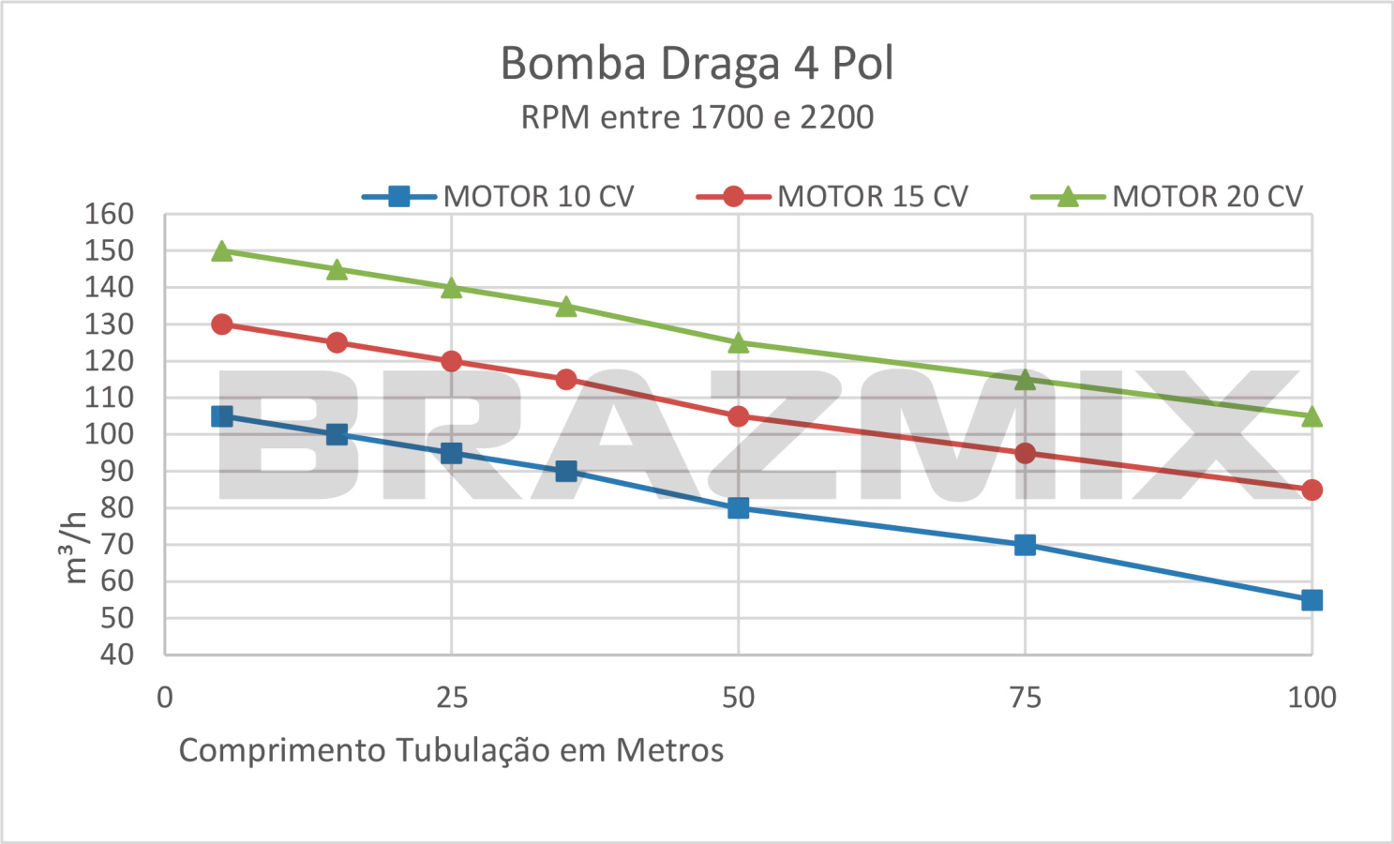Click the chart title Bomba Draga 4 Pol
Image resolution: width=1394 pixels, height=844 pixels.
pos(697,64)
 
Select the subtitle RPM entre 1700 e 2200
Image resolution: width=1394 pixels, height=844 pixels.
pos(697,117)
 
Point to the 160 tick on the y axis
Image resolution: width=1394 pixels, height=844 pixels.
pos(109,214)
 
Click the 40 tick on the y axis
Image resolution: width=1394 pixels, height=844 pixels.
pos(116,655)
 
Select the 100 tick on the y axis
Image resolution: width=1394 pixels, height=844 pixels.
pos(109,434)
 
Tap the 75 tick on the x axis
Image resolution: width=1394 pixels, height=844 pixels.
pos(1025,697)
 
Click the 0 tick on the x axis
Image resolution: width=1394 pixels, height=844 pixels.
pos(165,697)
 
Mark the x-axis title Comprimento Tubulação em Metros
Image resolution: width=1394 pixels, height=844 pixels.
pos(451,750)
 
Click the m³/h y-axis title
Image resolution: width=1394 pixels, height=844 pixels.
pos(75,547)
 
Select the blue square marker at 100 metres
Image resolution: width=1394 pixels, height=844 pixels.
pos(1312,600)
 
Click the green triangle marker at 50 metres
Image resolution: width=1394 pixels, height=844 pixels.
pos(739,342)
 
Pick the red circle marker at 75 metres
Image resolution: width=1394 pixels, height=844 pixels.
pos(1025,453)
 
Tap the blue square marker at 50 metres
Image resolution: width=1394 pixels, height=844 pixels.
pos(739,508)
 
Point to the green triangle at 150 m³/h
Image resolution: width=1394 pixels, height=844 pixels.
pos(222,250)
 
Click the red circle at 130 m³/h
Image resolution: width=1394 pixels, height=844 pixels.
pos(222,324)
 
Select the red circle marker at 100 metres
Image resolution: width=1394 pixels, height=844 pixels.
pos(1312,490)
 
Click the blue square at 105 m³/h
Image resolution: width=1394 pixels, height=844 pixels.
pos(222,416)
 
